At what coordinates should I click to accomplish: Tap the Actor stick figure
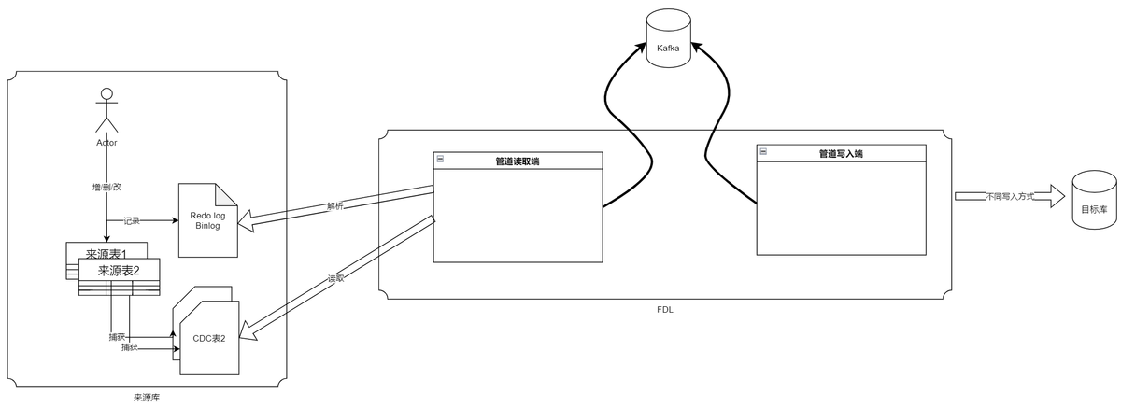[106, 112]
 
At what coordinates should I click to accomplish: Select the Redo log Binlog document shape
[206, 221]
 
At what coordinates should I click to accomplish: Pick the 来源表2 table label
[119, 270]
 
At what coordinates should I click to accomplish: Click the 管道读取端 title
[518, 161]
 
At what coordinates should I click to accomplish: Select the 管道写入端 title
[840, 154]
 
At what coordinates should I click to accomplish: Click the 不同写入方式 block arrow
[1010, 197]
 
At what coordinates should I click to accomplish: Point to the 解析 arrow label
[335, 205]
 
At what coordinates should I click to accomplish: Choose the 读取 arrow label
[335, 278]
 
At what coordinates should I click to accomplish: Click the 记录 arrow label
[133, 221]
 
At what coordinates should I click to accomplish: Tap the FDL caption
[665, 309]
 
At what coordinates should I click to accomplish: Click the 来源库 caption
[147, 398]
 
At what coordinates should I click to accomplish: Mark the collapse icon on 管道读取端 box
[440, 160]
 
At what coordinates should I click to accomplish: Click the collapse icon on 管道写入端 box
[762, 152]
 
